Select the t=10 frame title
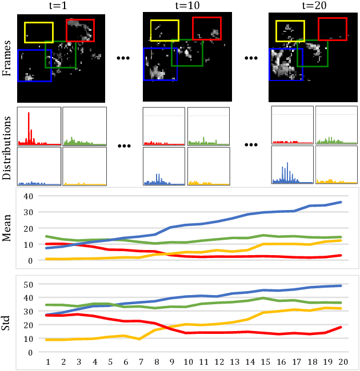186,6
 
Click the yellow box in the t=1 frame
39,32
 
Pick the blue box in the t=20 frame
286,63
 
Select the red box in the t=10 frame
206,29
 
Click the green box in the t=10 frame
186,53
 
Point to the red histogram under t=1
38,127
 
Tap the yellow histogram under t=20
337,166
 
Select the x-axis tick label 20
342,361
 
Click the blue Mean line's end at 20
342,202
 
